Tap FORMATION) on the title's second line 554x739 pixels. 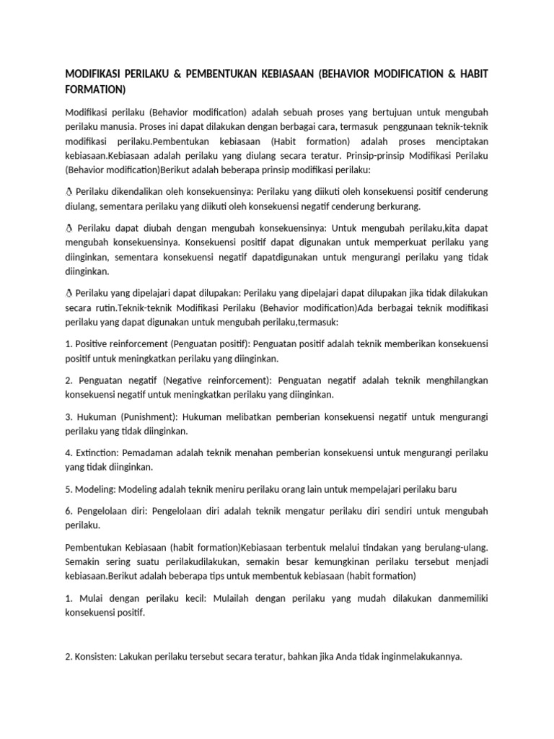pos(95,89)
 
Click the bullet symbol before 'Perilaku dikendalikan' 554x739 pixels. pos(69,191)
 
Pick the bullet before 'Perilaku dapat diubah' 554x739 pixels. pos(69,227)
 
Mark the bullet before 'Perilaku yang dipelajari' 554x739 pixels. pos(69,294)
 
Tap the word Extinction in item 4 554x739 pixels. pos(97,452)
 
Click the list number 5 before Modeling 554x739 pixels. pos(69,489)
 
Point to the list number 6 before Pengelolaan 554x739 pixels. pos(69,510)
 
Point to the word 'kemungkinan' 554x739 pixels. pos(368,562)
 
